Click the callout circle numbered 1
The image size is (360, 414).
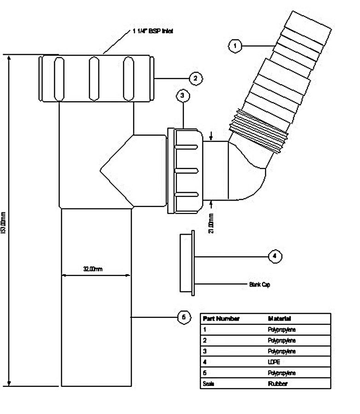(235, 46)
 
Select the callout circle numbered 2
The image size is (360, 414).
(195, 78)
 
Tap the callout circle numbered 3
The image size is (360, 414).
(183, 96)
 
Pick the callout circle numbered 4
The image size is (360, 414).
(275, 256)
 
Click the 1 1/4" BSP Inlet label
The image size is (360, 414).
(150, 31)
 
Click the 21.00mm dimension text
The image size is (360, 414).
(211, 224)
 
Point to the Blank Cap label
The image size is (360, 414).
(260, 285)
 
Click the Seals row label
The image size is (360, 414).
(209, 384)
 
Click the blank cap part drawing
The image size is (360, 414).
(186, 262)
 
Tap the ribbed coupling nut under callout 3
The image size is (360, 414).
(186, 170)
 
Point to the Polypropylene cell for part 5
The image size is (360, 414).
(281, 373)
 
